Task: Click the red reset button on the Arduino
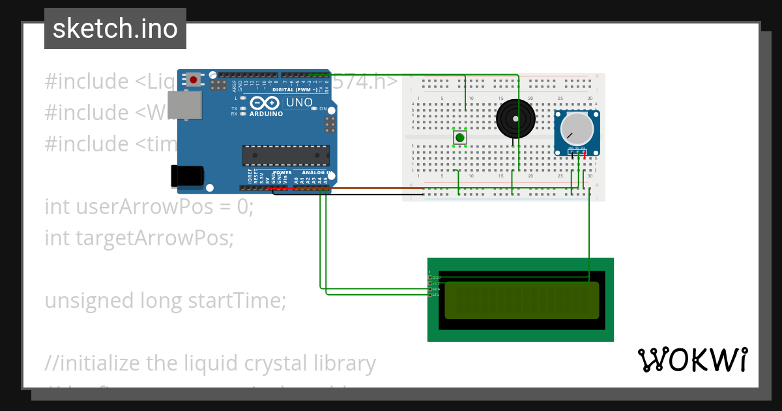(194, 80)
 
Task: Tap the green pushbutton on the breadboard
(460, 138)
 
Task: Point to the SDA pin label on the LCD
(435, 289)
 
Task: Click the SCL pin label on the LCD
(435, 295)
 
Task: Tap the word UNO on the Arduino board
(299, 102)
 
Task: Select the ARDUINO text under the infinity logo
(266, 114)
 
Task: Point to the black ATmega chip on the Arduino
(285, 155)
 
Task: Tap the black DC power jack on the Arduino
(187, 175)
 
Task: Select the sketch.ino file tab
(115, 29)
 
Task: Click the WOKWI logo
(692, 360)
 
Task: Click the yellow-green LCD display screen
(521, 300)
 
